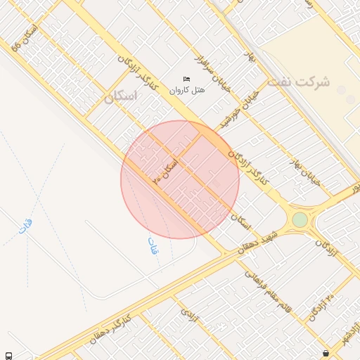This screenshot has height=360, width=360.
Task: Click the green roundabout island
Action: (x=300, y=219)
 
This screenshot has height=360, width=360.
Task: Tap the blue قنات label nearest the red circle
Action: (x=152, y=246)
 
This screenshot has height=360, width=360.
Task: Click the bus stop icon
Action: (x=8, y=355)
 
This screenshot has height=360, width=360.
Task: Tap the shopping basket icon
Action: (x=325, y=353)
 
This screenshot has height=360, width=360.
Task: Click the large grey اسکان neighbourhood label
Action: (x=120, y=98)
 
